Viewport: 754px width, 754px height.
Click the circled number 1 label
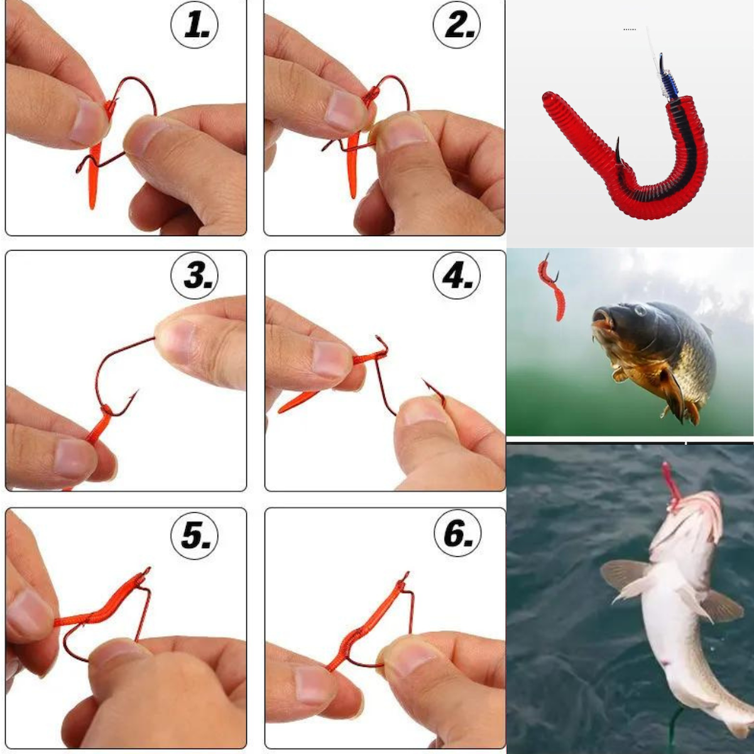194,25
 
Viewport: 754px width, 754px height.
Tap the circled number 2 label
457,25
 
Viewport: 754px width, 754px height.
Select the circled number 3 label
194,275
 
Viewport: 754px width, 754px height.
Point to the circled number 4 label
457,275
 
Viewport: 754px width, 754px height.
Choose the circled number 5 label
194,534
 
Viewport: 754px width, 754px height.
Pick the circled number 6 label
458,534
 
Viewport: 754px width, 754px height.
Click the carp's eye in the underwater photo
640,310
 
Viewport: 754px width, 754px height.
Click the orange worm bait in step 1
95,164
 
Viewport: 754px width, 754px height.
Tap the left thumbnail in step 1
88,119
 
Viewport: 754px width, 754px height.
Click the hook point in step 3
137,392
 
